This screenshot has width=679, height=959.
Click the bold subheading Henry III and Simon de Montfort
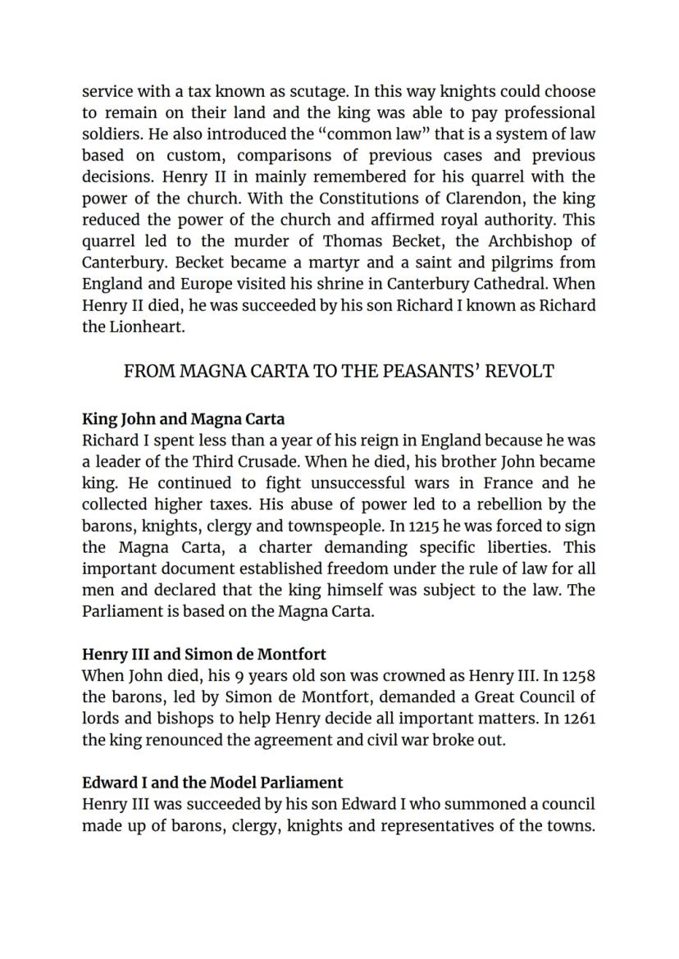click(203, 654)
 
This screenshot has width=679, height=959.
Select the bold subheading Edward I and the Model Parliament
click(212, 782)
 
